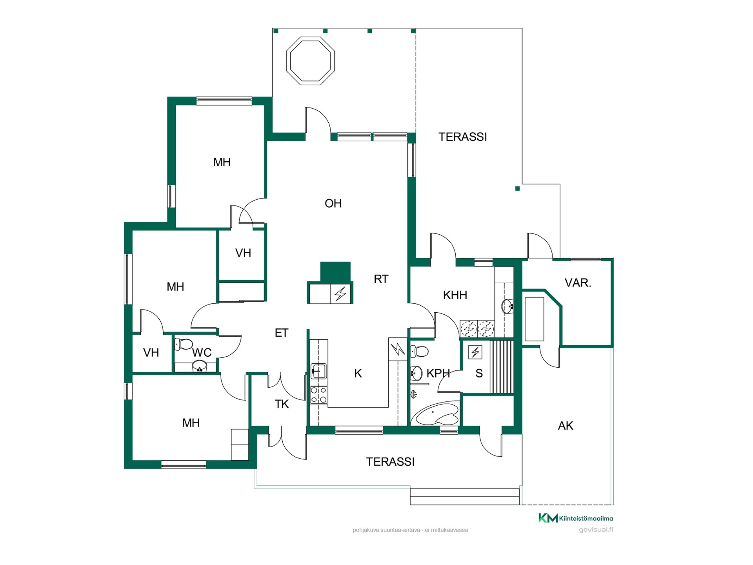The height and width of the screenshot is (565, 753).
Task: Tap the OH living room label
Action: point(333,203)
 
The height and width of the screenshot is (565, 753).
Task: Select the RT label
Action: point(381,279)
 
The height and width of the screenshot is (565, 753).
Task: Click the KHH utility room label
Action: point(455,295)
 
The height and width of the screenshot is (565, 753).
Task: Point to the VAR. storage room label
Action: point(578,283)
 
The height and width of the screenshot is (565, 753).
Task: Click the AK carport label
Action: point(566,426)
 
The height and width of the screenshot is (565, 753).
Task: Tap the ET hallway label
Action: point(282,333)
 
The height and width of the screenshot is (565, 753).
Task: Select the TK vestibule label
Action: point(282,404)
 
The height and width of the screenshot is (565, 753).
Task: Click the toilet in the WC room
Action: point(184,344)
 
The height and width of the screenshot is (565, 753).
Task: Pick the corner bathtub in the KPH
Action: point(437,414)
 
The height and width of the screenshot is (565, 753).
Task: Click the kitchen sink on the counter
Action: point(318,371)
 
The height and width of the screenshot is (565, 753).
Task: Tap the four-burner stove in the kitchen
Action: point(318,395)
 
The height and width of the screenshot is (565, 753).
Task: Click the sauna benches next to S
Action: point(502,367)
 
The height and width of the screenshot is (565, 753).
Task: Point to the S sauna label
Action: point(479,374)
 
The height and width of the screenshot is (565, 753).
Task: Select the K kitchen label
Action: point(358,374)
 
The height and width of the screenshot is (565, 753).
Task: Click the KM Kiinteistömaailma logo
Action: point(575,518)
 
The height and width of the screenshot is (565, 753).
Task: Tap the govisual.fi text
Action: point(596,530)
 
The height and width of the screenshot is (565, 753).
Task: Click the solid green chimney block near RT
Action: point(335,272)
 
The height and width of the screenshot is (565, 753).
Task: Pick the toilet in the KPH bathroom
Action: point(419,351)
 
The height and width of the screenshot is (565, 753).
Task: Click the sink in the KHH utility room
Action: point(507,306)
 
